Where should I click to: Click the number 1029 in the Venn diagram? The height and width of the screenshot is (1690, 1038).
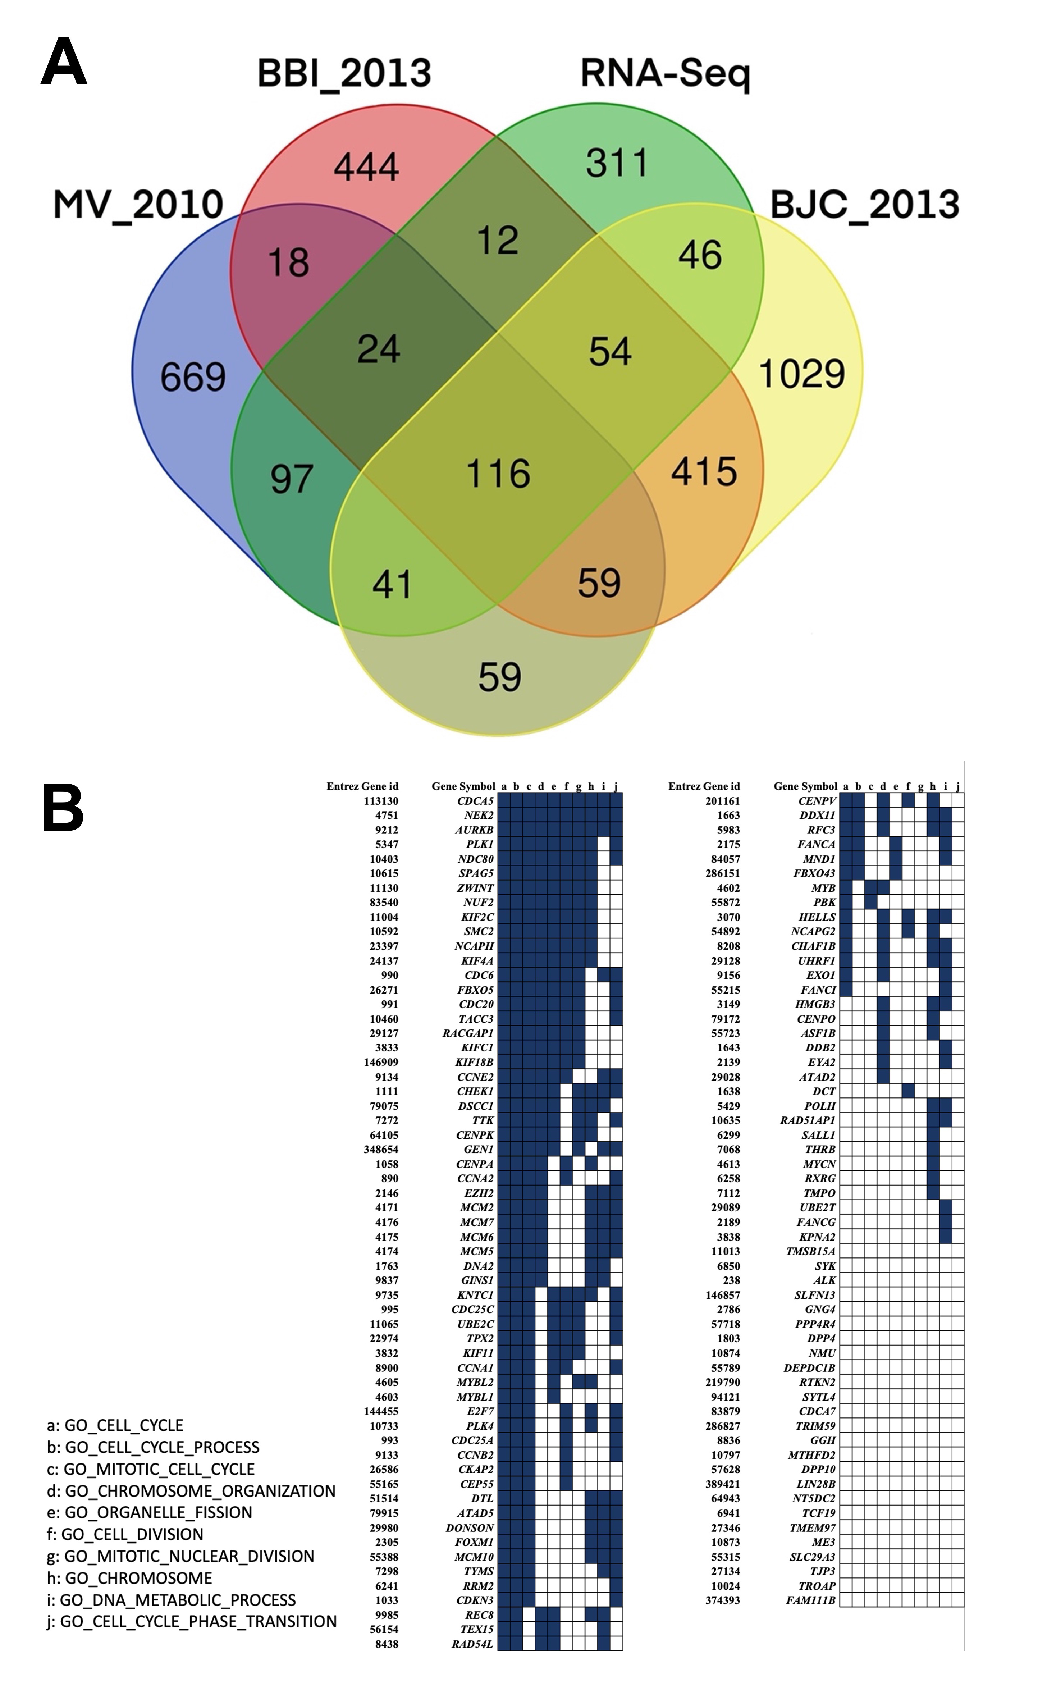point(801,374)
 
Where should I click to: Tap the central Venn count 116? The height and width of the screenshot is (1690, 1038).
point(498,474)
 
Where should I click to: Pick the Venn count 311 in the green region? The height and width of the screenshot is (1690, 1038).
point(617,163)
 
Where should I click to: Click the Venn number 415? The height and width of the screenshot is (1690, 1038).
point(704,471)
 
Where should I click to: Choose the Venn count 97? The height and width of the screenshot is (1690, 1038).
point(292,479)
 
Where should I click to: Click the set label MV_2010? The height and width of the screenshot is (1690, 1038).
point(138,205)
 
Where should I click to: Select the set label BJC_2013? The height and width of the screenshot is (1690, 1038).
point(864,205)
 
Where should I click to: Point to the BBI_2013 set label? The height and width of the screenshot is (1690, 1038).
point(344,73)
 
